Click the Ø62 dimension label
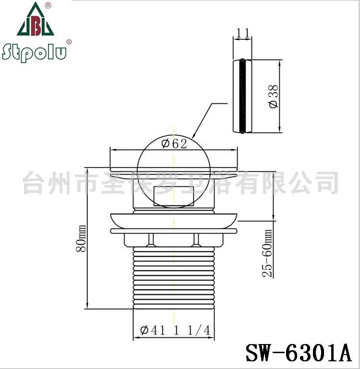(174, 143)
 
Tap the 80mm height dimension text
(81, 238)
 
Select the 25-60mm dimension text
(267, 253)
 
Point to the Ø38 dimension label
(274, 96)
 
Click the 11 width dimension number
(242, 33)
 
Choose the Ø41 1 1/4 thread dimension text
(175, 330)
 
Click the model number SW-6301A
(299, 353)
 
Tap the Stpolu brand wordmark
(34, 52)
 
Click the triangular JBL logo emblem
(36, 19)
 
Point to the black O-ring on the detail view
(242, 96)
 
